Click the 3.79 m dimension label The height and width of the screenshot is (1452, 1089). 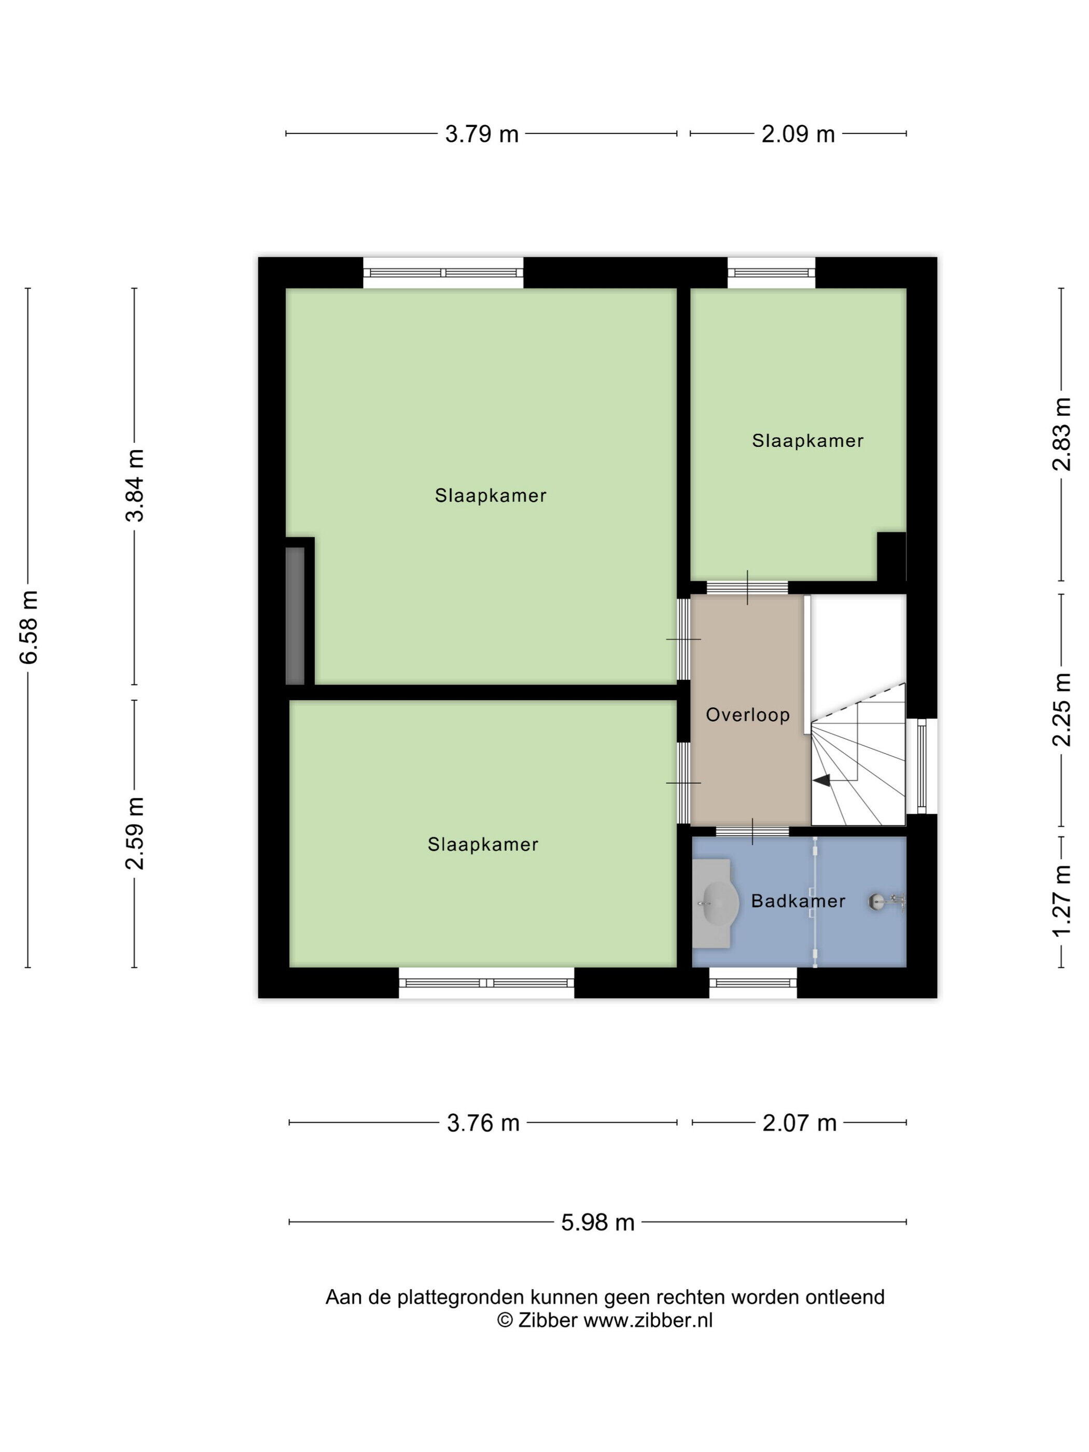point(482,134)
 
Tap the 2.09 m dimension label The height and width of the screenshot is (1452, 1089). point(798,134)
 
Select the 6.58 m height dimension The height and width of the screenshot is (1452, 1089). point(29,627)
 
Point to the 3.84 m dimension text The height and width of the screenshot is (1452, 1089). point(135,485)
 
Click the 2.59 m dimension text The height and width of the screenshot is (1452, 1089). point(135,833)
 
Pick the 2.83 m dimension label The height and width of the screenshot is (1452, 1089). point(1062,434)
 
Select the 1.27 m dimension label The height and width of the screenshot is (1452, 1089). point(1062,901)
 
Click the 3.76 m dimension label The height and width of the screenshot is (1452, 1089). point(483,1123)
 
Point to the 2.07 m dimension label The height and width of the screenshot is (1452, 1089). point(800,1123)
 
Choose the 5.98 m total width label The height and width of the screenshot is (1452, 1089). point(598,1222)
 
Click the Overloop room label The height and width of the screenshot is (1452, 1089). point(748,715)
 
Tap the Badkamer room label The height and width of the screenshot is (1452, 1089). point(798,901)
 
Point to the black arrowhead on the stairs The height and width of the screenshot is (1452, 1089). point(821,780)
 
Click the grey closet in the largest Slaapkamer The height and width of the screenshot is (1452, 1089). point(296,616)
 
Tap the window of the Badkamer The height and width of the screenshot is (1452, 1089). point(753,983)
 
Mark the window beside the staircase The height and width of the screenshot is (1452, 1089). point(922,766)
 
